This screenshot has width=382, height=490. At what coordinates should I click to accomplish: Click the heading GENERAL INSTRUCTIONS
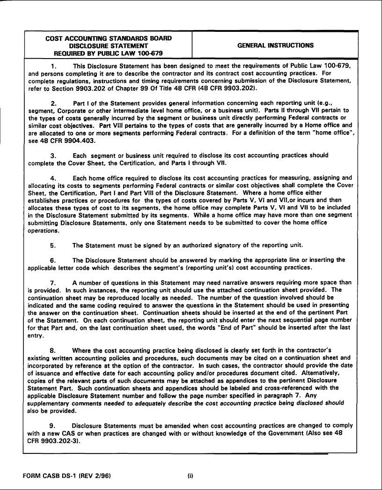point(275,45)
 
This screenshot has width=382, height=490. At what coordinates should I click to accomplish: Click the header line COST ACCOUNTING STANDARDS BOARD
point(108,38)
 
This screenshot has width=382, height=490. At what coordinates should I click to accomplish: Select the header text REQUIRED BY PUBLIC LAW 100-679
point(108,53)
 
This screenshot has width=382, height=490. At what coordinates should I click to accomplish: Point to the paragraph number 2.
point(53,103)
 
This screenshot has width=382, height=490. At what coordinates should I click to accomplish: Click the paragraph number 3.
point(53,155)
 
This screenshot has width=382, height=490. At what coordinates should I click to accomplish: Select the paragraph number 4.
point(53,178)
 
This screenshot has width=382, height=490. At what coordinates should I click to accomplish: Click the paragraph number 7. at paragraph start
point(53,282)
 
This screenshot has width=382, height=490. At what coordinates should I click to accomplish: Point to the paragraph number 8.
point(53,350)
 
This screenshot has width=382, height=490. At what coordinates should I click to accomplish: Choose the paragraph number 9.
point(53,425)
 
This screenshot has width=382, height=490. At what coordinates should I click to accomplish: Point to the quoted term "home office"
point(332,133)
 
